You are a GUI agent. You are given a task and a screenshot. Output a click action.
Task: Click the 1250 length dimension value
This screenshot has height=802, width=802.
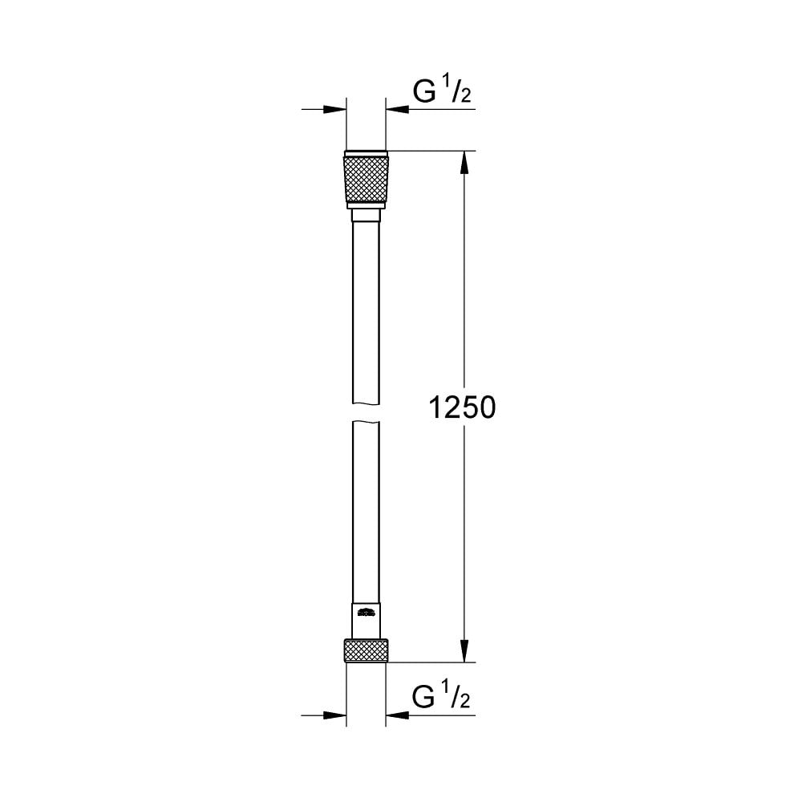[x=464, y=409]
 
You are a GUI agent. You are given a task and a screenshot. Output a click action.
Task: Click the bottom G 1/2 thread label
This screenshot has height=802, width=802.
[x=441, y=699]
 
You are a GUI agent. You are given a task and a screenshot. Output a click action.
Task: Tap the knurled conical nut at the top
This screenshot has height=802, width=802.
[x=367, y=178]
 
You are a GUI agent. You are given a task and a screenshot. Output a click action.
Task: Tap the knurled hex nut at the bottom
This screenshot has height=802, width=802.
[x=367, y=650]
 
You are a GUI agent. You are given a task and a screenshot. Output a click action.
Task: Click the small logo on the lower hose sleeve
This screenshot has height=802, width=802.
[x=366, y=614]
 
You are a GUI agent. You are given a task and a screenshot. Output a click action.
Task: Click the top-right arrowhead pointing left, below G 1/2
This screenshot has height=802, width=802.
[x=396, y=110]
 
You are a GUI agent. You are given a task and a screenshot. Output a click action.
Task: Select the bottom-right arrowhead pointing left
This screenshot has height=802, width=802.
[x=396, y=714]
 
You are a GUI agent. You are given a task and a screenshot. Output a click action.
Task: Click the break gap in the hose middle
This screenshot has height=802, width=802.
[x=367, y=413]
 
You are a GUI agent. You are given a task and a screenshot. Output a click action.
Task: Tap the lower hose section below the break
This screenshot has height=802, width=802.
[x=367, y=513]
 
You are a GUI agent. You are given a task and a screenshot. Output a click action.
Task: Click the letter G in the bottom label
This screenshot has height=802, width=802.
[x=423, y=699]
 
